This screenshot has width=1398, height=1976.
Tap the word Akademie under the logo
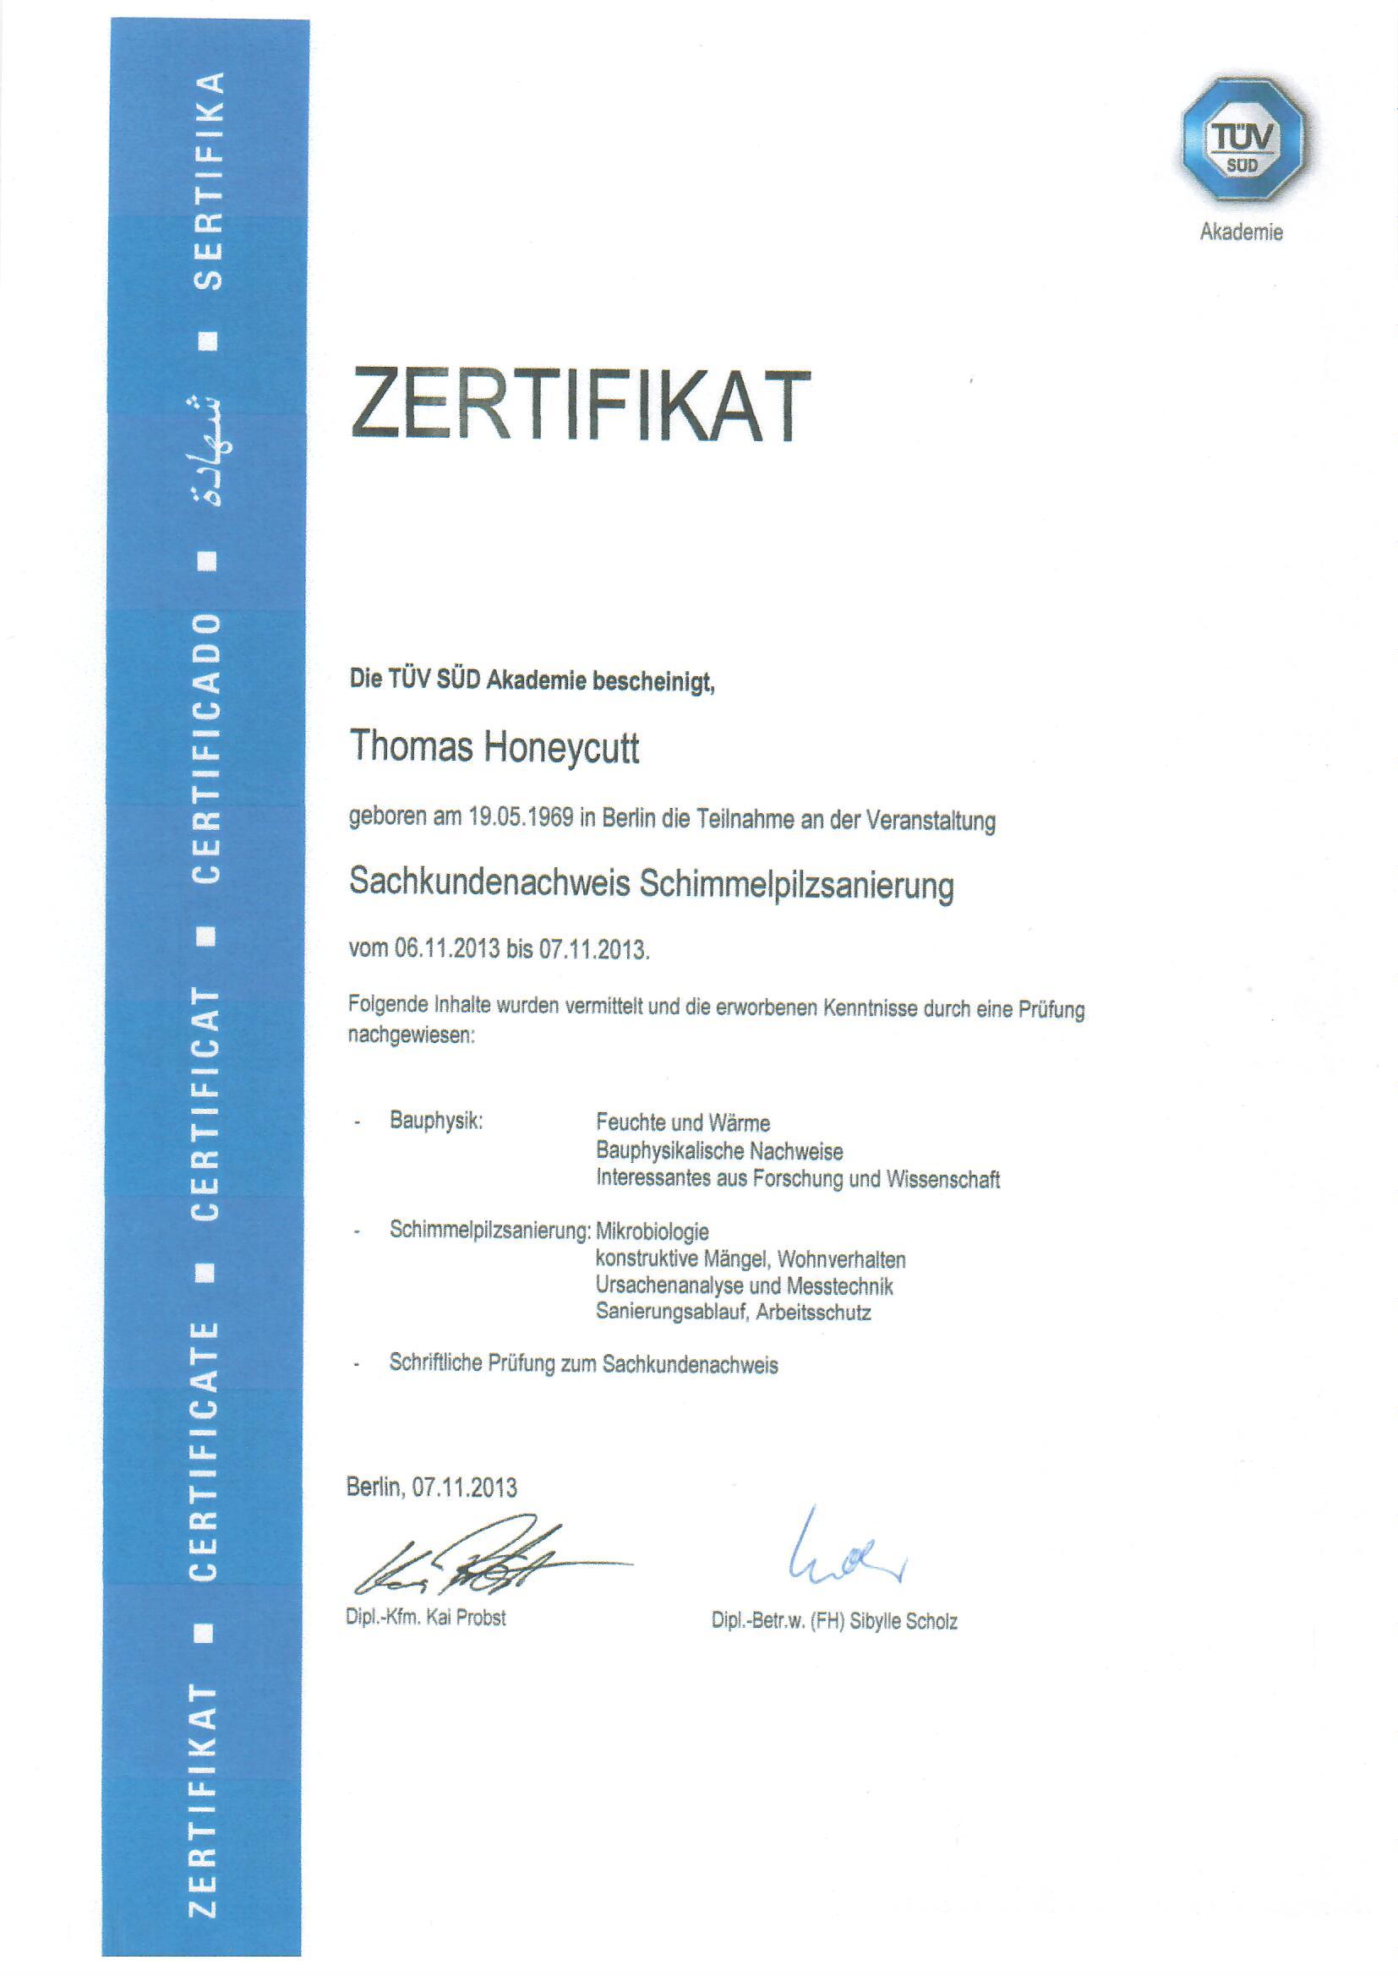(x=1241, y=232)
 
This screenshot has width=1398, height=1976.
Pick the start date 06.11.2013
(x=447, y=949)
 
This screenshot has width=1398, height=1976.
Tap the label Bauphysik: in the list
(x=435, y=1122)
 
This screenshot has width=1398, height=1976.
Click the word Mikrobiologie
(x=652, y=1231)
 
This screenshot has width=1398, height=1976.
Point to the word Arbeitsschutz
(x=815, y=1313)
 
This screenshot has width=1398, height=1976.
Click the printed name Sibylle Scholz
(x=903, y=1621)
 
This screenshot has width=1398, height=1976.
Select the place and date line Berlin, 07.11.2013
(x=431, y=1487)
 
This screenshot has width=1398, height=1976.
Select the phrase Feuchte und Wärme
(x=683, y=1122)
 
